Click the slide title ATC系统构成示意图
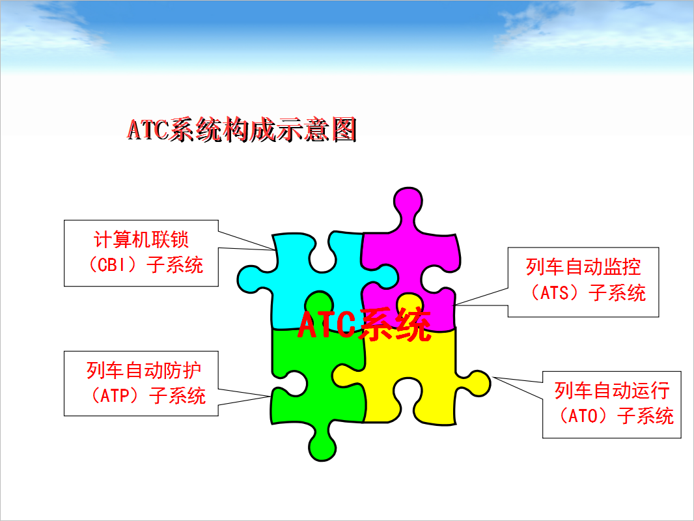tap(242, 130)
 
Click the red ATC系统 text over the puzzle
tap(364, 324)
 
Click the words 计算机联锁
tap(141, 240)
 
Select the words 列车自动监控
tap(583, 267)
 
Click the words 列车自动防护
tap(143, 370)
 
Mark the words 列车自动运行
tap(612, 390)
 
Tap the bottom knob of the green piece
tap(322, 447)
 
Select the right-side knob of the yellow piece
tap(478, 384)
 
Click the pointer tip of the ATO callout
tap(493, 377)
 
